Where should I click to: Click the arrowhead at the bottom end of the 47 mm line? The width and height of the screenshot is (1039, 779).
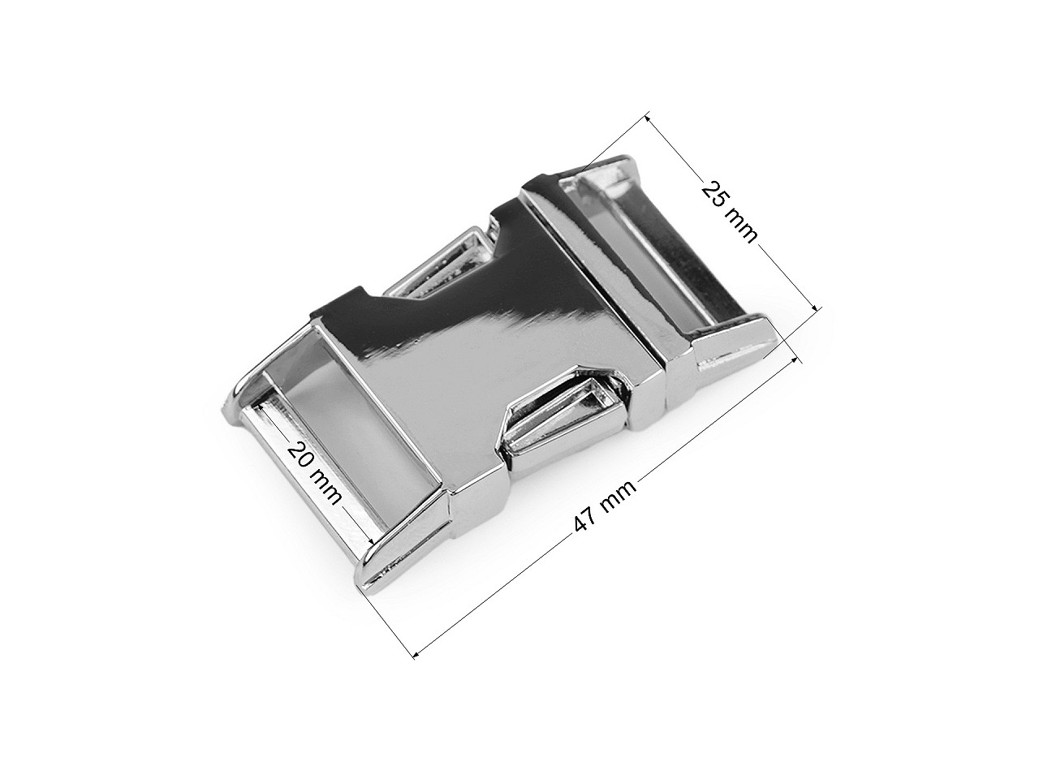416,655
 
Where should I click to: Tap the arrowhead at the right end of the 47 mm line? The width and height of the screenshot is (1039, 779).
800,361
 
